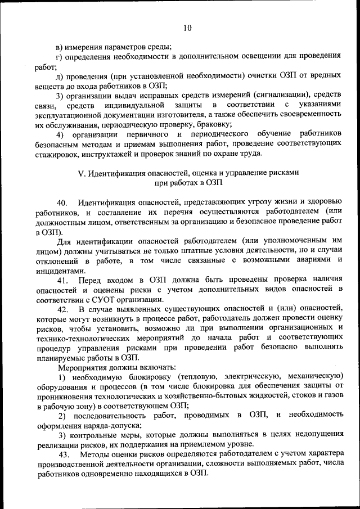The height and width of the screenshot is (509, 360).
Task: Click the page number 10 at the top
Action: click(187, 28)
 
